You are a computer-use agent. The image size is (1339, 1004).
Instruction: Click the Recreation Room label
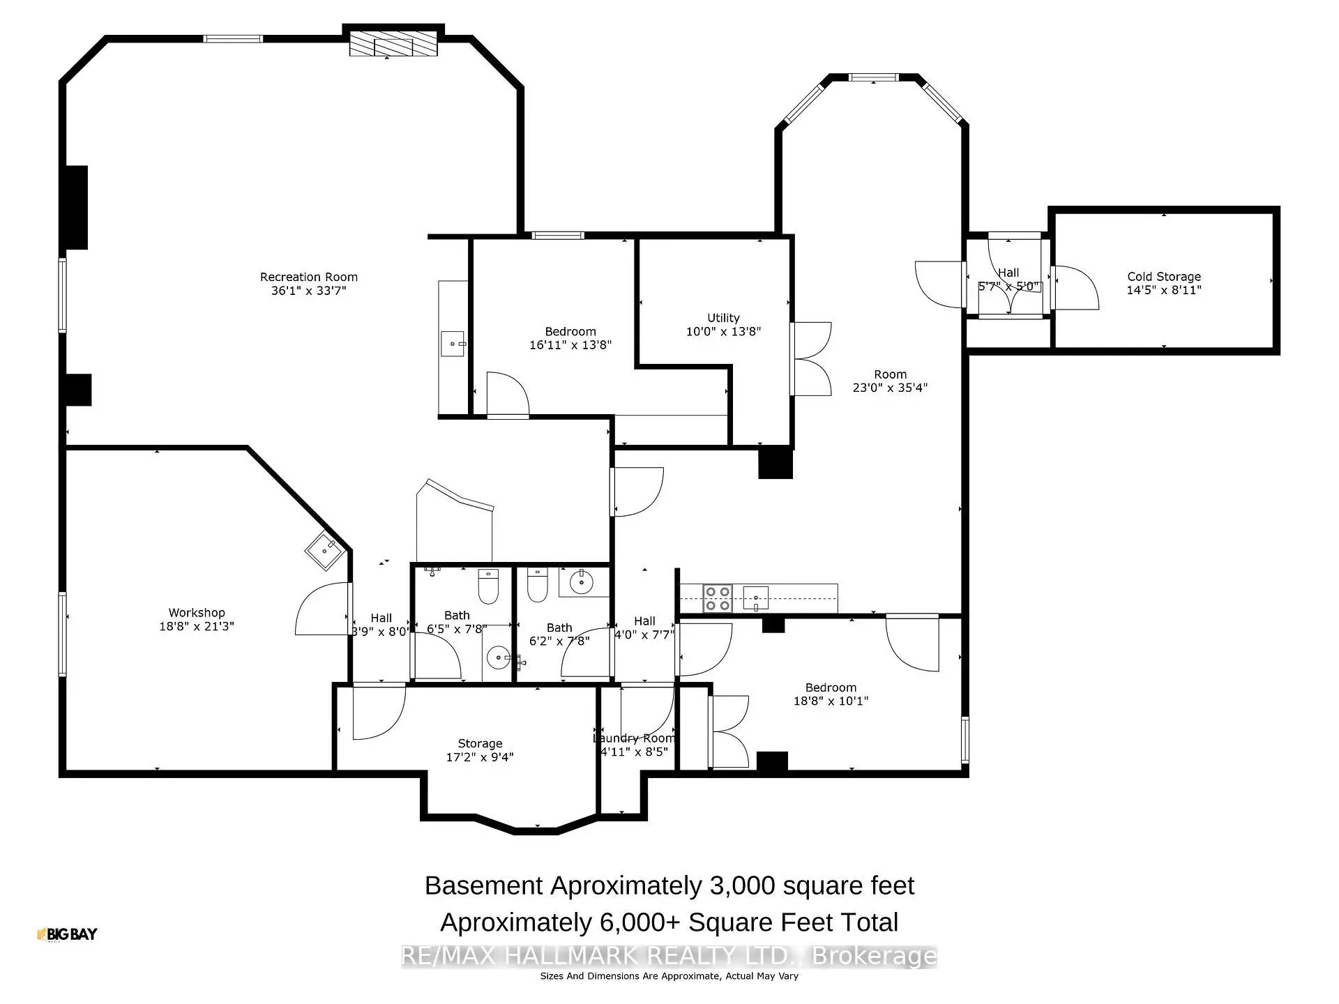tap(308, 277)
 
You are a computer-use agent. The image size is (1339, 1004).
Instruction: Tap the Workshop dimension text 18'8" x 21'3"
tap(196, 626)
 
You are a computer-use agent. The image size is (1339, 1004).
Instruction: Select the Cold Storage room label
tap(1163, 277)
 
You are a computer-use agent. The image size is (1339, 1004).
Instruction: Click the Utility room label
tap(723, 318)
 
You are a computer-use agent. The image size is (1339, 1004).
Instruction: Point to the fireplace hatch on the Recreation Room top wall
tap(393, 46)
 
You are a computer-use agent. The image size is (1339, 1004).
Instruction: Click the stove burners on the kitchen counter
tap(717, 598)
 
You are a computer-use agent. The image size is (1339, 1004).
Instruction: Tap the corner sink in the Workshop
tap(324, 550)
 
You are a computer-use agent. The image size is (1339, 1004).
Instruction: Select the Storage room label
tap(480, 743)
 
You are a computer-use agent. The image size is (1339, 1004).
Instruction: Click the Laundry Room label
tap(634, 738)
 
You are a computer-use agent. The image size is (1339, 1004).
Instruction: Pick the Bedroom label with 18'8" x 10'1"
tap(830, 687)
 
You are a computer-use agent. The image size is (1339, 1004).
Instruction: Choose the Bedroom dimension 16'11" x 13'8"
tap(570, 344)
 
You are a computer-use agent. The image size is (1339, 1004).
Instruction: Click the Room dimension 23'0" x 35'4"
tap(890, 388)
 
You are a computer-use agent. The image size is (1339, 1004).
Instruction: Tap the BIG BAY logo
tap(67, 934)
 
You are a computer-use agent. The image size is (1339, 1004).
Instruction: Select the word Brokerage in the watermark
tap(875, 956)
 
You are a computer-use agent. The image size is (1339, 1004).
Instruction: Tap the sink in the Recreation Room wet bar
tap(453, 344)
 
